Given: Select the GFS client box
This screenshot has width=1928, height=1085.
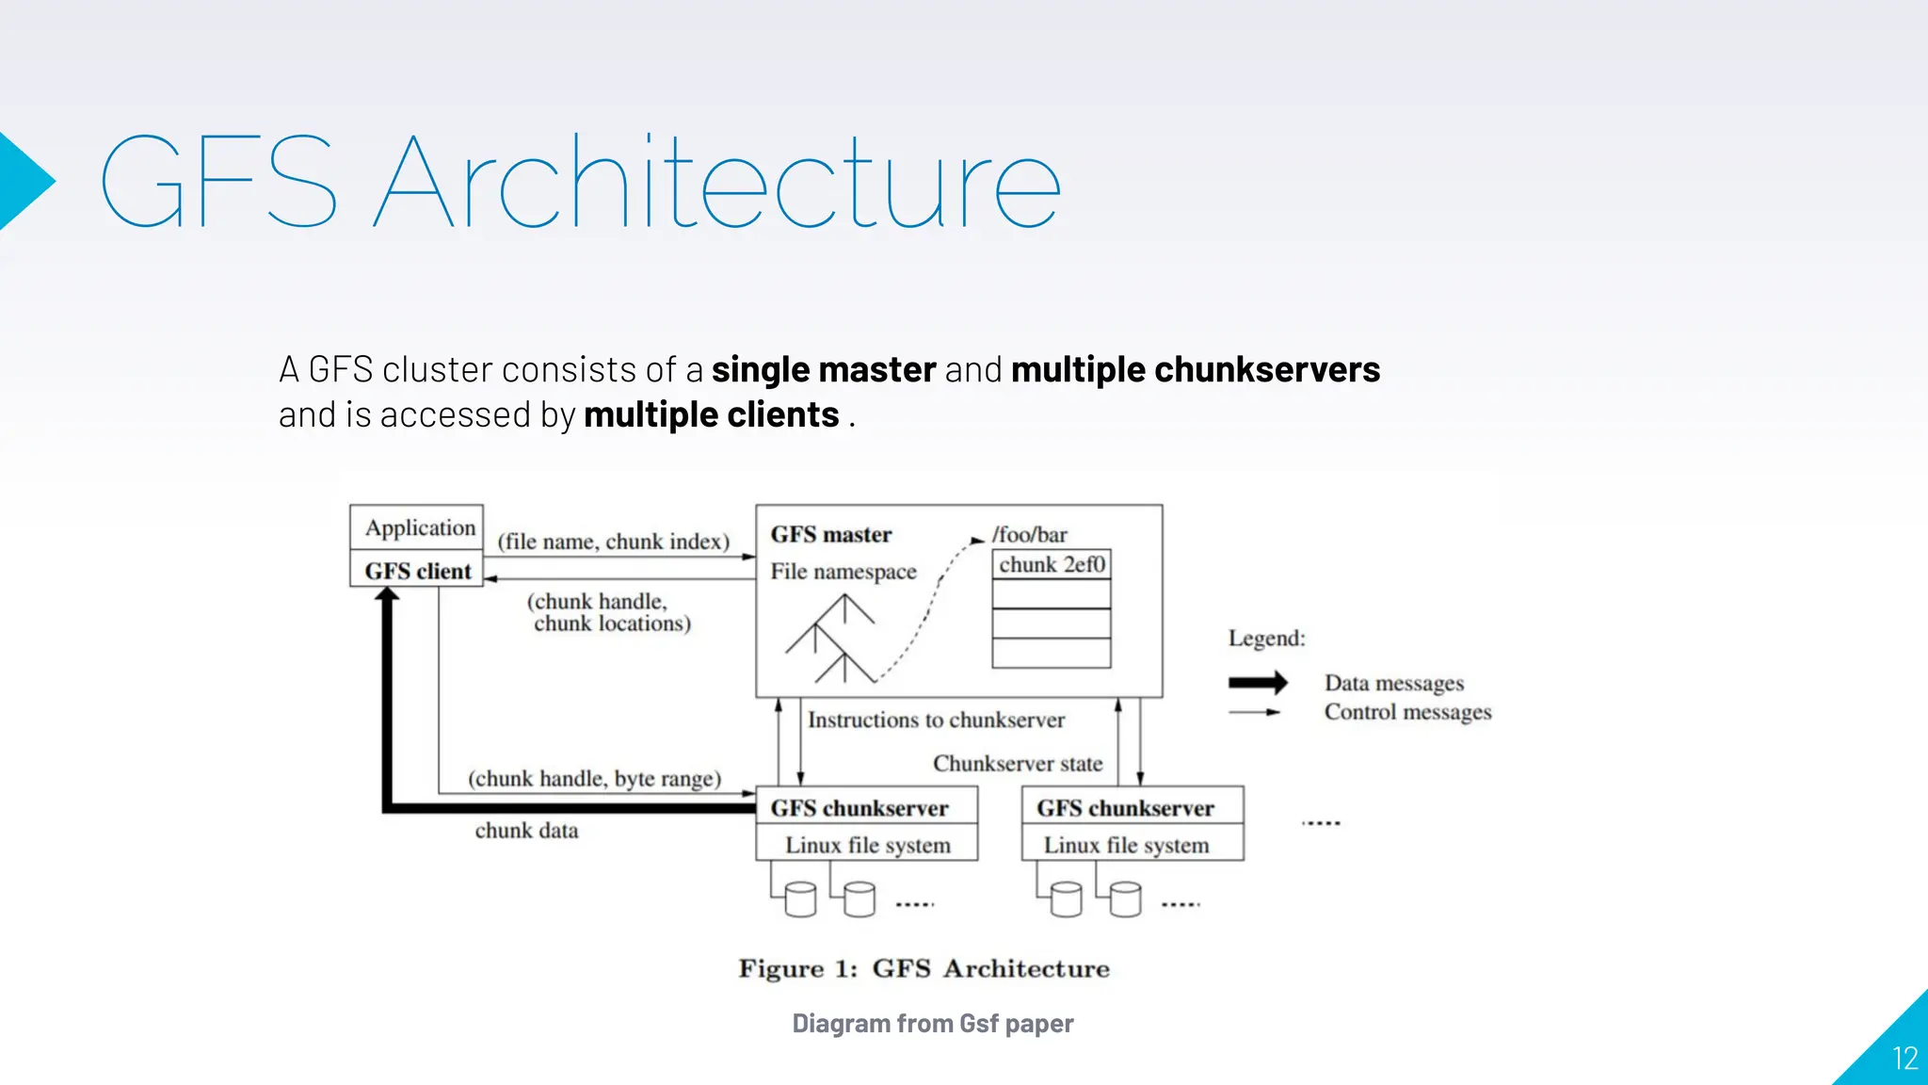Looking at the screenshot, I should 417,571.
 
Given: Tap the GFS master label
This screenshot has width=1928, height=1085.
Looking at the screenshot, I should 830,535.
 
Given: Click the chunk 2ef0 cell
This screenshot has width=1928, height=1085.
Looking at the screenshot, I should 1052,564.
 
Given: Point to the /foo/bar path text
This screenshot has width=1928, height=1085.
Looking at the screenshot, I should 1030,535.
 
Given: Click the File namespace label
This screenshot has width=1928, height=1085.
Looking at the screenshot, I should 843,572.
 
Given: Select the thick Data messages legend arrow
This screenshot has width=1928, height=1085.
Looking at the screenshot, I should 1258,683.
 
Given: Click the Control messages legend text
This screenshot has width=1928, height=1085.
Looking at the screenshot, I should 1407,712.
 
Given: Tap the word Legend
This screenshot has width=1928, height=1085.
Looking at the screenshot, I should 1266,639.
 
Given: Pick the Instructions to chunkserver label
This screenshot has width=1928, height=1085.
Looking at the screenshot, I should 936,721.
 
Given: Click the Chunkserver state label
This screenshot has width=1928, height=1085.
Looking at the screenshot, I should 1018,764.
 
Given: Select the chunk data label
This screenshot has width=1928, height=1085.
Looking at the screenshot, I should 526,831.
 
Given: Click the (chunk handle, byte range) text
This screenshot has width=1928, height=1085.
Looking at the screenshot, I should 594,779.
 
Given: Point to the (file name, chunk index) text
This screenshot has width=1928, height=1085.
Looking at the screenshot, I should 613,542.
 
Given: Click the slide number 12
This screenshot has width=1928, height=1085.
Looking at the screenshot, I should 1904,1059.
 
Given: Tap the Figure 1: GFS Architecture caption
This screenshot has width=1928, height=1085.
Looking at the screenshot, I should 924,969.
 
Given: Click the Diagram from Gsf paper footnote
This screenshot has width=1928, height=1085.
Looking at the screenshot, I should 932,1024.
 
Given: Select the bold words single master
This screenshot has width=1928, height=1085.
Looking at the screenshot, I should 824,370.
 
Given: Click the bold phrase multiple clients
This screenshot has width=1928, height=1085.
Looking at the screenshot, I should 711,415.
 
